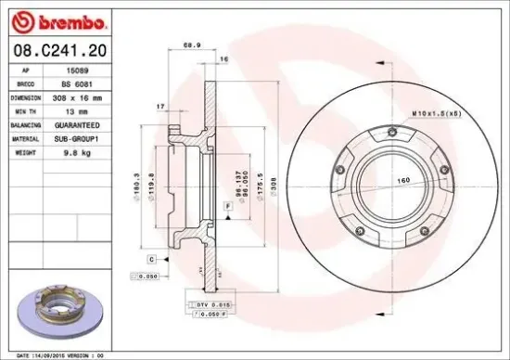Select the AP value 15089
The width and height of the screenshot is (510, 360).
pyautogui.click(x=83, y=69)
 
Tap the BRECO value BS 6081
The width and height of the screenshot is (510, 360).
pyautogui.click(x=86, y=83)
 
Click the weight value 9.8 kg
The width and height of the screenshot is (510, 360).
pyautogui.click(x=85, y=149)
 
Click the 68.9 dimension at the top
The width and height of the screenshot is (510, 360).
pyautogui.click(x=191, y=45)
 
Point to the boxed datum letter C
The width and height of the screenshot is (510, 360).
pyautogui.click(x=151, y=259)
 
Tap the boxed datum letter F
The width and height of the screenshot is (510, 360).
pyautogui.click(x=226, y=204)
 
